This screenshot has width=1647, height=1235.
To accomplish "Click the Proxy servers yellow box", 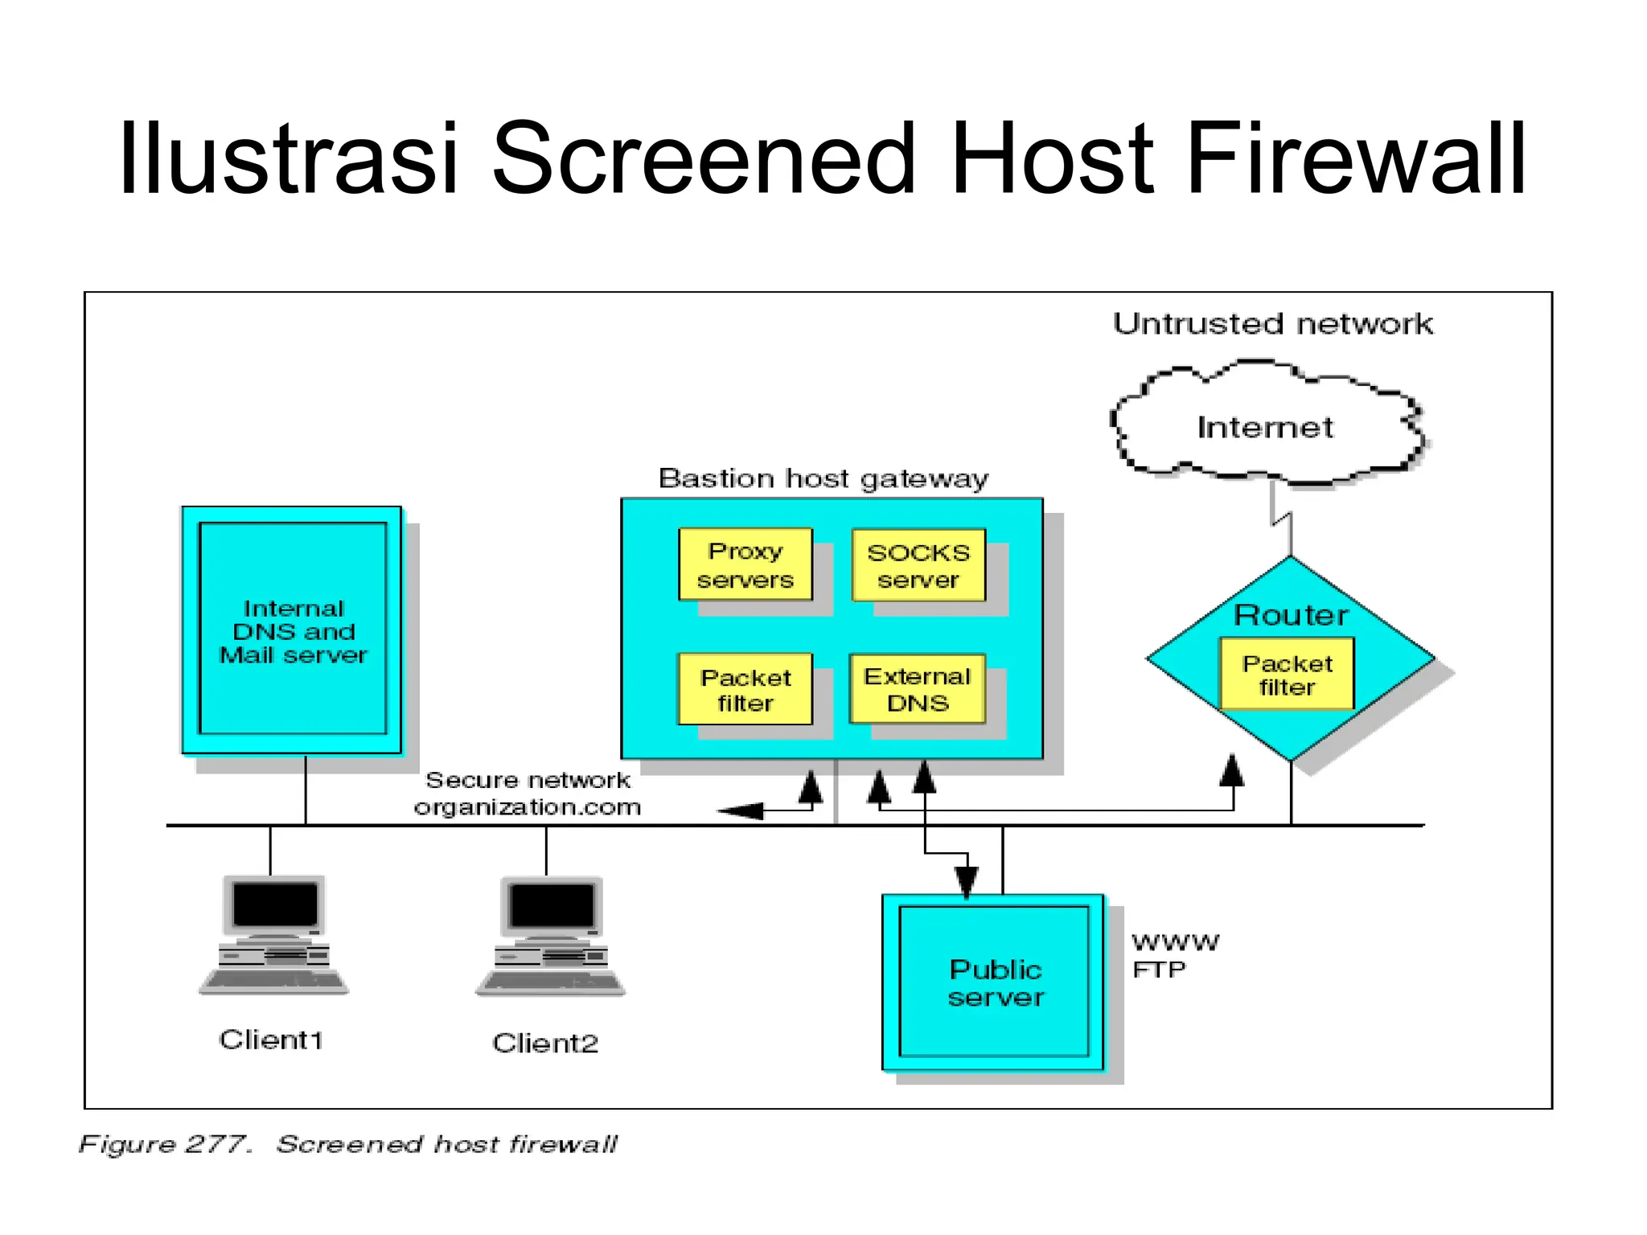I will point(745,564).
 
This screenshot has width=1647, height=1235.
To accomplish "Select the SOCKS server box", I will point(918,565).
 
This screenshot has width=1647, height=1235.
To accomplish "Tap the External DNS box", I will point(917,689).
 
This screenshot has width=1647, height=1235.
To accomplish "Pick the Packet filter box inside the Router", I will point(1287,675).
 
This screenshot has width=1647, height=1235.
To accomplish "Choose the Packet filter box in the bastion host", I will point(745,690).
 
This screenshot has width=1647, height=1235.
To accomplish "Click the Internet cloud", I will point(1265,427).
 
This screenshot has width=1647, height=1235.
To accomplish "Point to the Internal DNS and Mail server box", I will point(293,630).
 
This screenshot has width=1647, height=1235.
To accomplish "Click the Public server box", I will point(995,982).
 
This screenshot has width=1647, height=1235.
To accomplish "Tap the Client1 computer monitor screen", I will point(275,904).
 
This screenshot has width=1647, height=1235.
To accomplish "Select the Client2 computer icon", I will point(551,937).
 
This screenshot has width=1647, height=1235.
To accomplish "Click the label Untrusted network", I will point(1272,324).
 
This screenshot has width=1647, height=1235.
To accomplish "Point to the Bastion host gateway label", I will point(823,478).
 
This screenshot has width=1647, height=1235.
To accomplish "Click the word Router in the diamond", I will point(1290,615).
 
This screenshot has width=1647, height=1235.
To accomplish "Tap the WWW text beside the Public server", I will point(1175,942).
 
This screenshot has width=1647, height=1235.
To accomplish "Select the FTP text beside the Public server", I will point(1159,970).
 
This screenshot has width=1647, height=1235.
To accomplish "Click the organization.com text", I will point(528,807).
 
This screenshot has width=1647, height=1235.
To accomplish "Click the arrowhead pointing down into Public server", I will point(966,881).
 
